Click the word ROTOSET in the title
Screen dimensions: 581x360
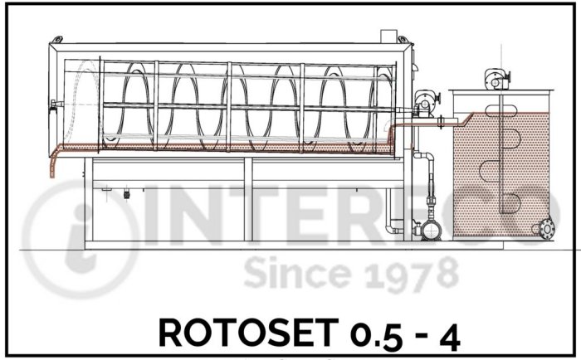point(248,333)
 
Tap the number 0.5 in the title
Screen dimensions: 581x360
point(377,335)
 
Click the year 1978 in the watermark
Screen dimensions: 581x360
point(413,274)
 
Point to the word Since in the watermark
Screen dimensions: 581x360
point(297,273)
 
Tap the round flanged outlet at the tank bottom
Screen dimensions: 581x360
point(547,228)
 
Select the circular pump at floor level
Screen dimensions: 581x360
point(432,230)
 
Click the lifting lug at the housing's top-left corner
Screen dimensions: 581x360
point(56,39)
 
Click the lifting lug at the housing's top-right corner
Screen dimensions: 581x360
point(403,39)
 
